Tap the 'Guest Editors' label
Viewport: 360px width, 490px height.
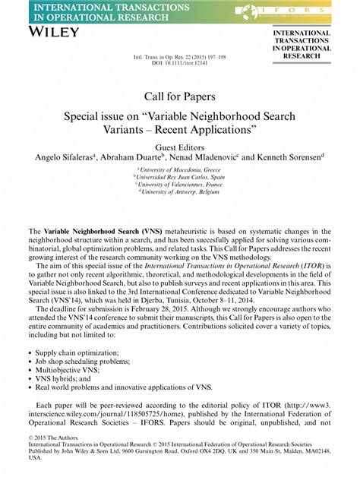(179, 147)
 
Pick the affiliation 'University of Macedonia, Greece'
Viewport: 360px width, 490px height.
(180, 171)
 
